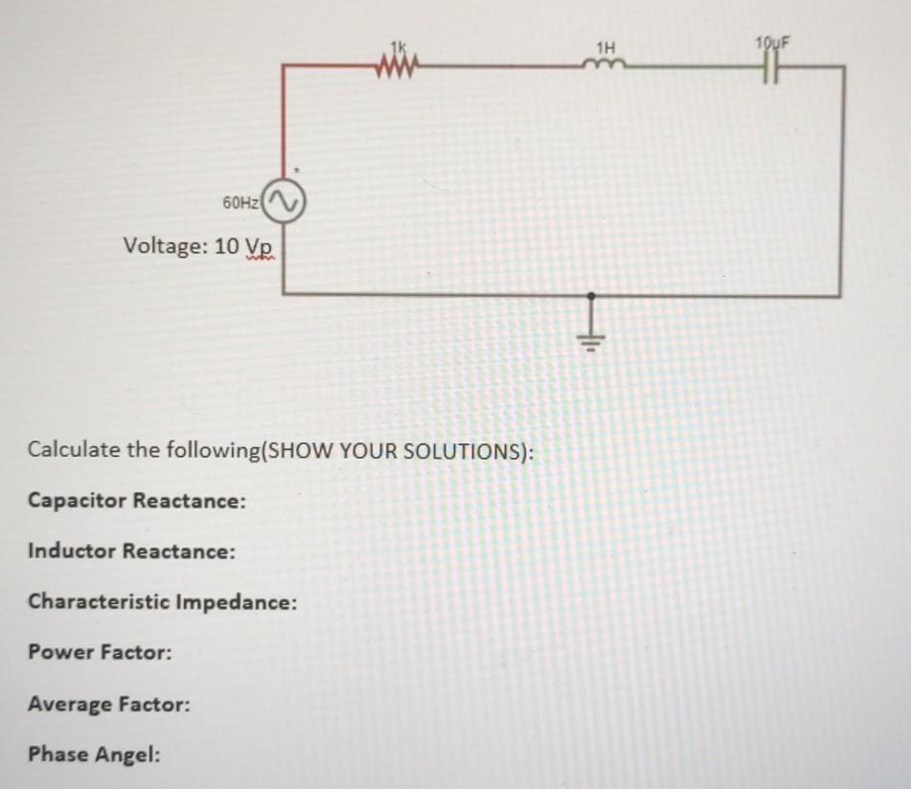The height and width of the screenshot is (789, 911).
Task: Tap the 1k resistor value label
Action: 399,47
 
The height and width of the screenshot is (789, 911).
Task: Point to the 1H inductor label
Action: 605,46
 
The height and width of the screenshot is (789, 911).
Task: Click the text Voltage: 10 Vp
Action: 199,246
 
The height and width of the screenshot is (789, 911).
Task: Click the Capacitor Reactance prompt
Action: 136,500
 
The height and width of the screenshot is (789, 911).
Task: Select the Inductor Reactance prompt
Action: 131,551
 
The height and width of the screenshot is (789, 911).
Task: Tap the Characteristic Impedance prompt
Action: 162,602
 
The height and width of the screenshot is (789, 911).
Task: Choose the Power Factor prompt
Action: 100,652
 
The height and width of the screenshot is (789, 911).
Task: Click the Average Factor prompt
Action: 108,704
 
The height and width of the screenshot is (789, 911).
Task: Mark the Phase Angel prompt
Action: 94,755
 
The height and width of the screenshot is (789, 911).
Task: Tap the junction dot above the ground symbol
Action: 591,296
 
